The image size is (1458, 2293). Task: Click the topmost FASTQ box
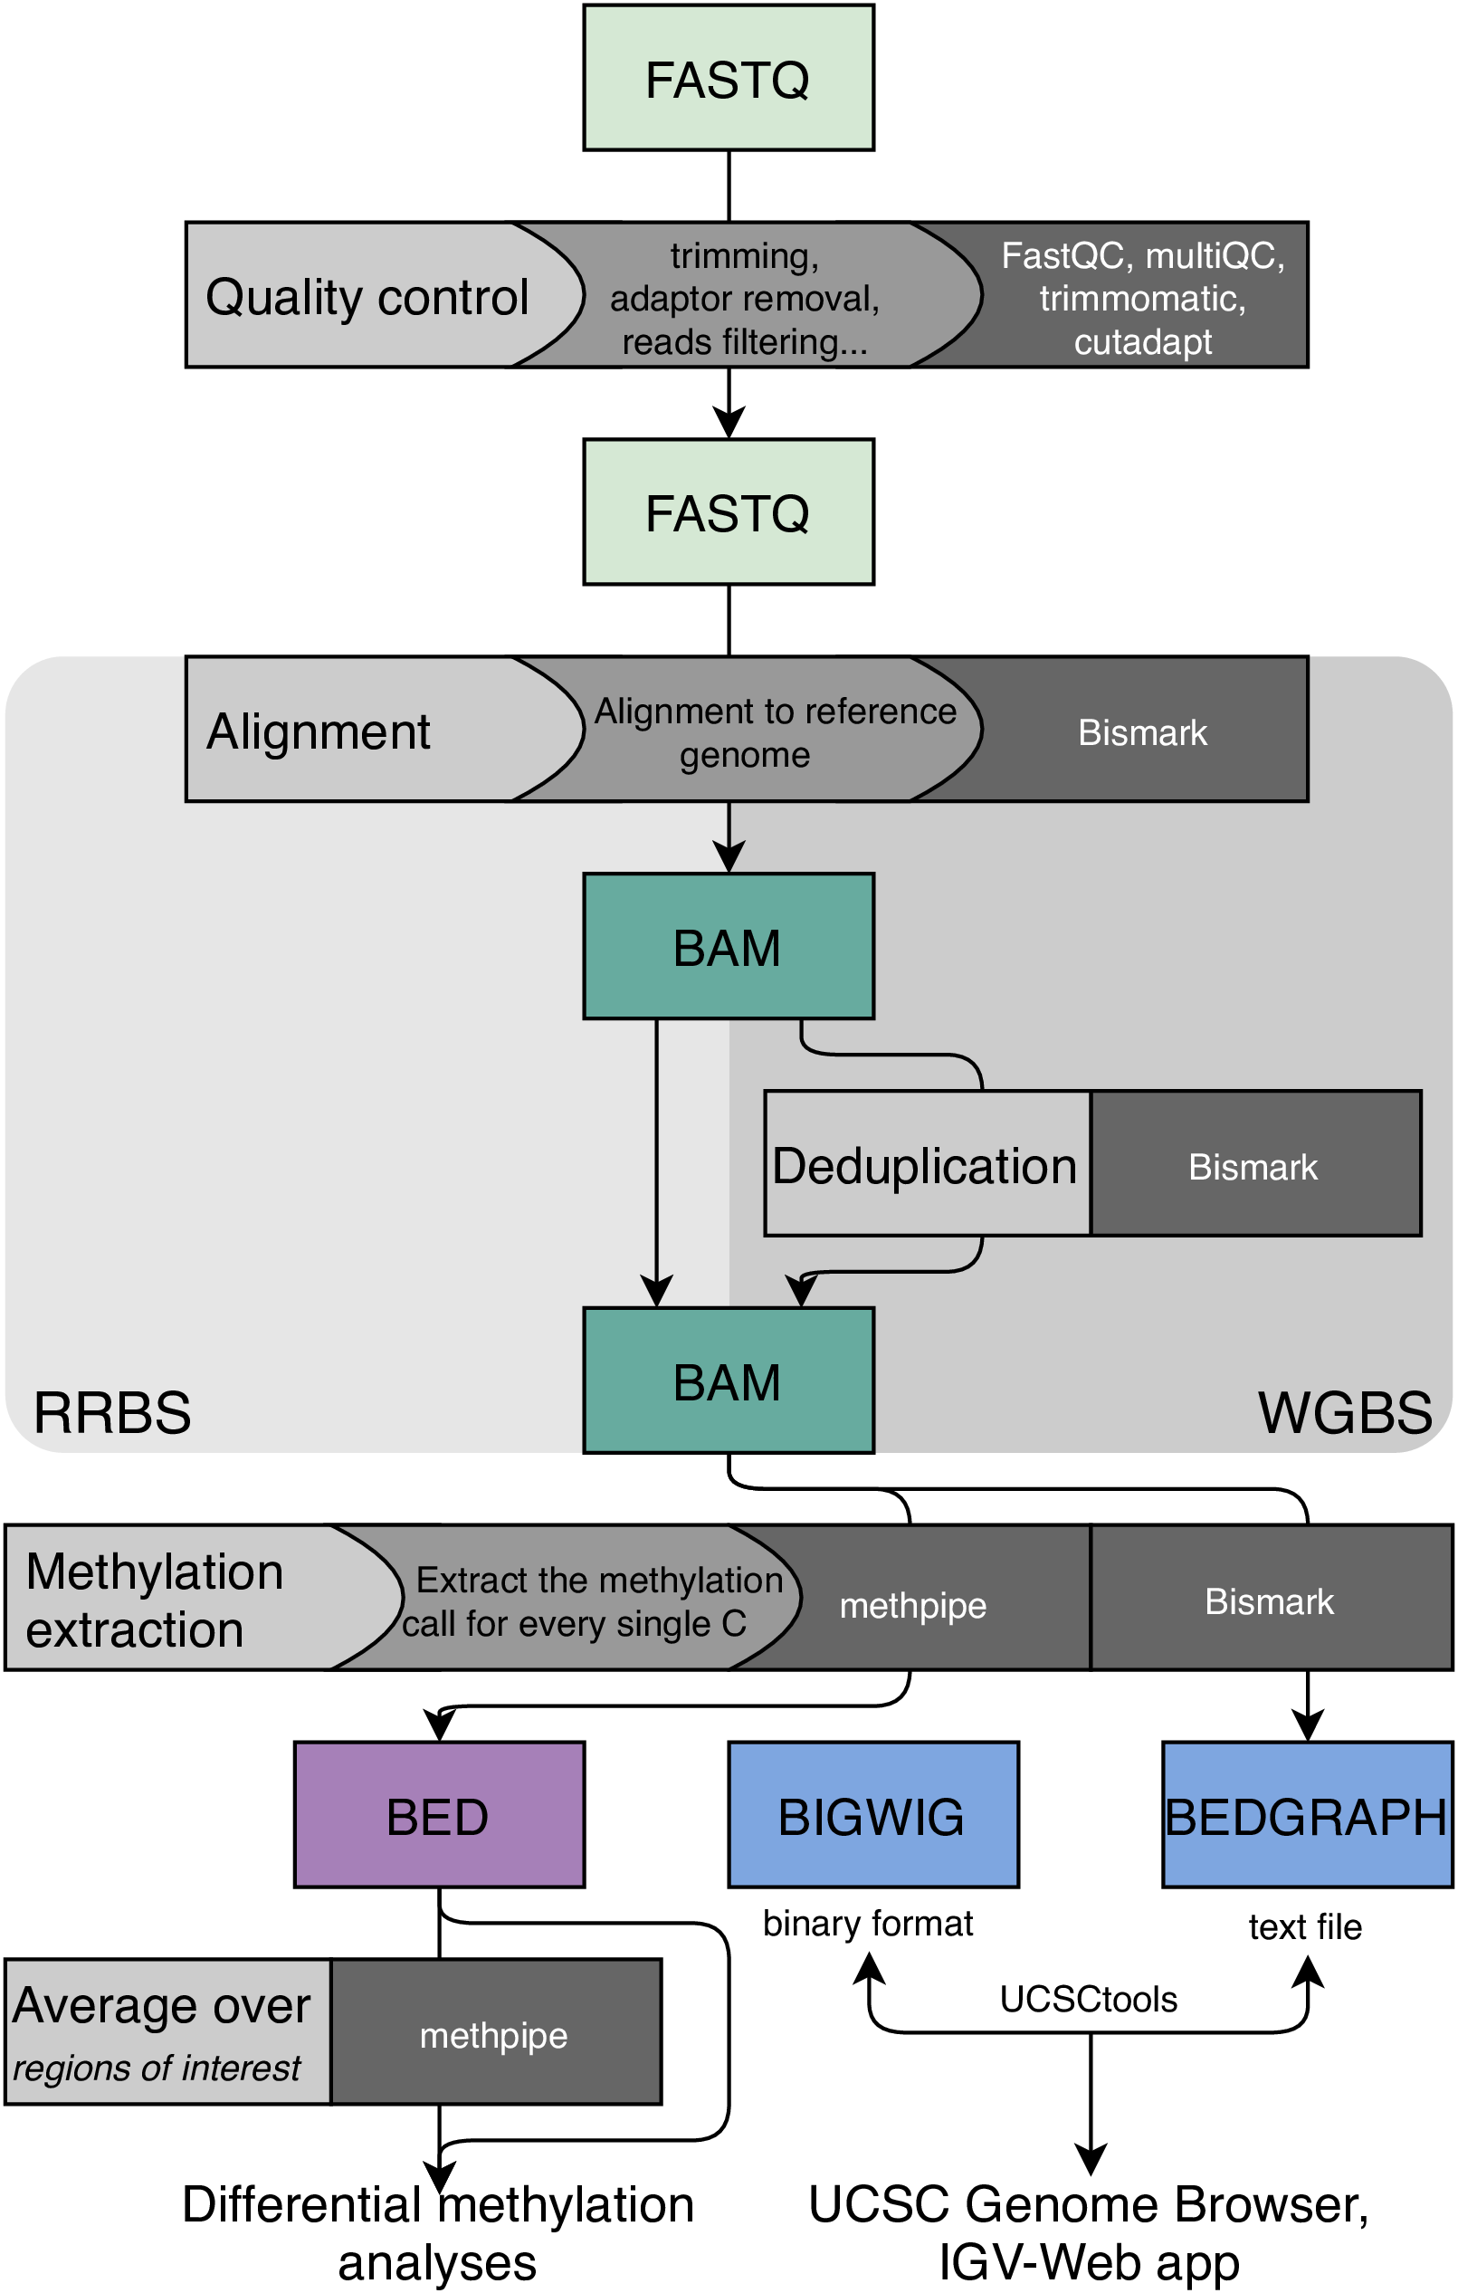(x=729, y=77)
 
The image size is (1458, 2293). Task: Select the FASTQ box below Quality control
(x=729, y=511)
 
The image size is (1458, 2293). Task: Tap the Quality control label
(x=367, y=296)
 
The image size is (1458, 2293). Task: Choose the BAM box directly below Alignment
(x=729, y=946)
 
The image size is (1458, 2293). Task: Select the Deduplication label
(x=925, y=1166)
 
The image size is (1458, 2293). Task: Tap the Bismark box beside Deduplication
(x=1255, y=1163)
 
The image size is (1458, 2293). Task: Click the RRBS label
(x=112, y=1411)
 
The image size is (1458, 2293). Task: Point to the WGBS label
(x=1345, y=1411)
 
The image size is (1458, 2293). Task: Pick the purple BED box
(x=439, y=1815)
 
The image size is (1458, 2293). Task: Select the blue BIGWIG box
(x=873, y=1815)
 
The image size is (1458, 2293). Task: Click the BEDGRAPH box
(x=1308, y=1815)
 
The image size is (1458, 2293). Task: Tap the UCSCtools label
(x=1089, y=1999)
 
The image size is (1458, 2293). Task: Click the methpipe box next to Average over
(x=495, y=2034)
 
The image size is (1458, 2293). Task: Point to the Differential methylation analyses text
(x=438, y=2233)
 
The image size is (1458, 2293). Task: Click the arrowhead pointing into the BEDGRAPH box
(x=1308, y=1726)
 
